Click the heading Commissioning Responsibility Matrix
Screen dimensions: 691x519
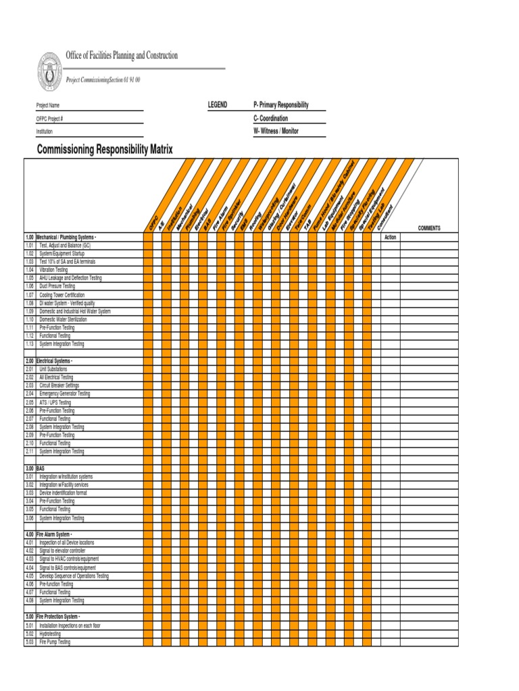pos(105,149)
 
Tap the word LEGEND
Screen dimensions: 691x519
pos(218,105)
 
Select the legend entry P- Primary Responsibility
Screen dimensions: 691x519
pos(280,105)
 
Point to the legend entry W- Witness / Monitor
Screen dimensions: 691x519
pos(276,131)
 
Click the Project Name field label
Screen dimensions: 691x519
pos(48,106)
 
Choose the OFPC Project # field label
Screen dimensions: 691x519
pos(49,119)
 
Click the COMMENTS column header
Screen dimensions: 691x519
pos(429,228)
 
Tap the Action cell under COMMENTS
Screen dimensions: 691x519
pos(390,238)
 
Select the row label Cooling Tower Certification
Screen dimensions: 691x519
pos(61,295)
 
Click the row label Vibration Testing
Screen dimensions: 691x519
pos(53,270)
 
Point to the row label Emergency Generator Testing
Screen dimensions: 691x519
pos(64,393)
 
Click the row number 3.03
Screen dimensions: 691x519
pos(30,493)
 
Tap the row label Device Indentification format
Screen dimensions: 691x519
pos(63,493)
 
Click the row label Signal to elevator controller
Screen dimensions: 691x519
pos(62,551)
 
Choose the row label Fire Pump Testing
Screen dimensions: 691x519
pos(54,642)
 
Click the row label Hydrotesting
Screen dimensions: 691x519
pos(51,634)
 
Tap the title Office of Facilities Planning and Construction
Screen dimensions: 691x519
pos(122,56)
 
